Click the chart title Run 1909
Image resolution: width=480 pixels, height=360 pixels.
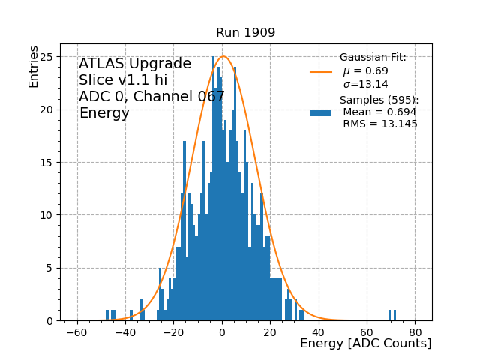point(245,33)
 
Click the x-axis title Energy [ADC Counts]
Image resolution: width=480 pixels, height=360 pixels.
point(365,343)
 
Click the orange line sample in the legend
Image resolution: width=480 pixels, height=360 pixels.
point(320,72)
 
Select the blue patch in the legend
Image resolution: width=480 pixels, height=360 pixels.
point(320,112)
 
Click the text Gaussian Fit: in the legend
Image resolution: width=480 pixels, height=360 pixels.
point(373,58)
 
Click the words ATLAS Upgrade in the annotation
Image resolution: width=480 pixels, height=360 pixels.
point(135,64)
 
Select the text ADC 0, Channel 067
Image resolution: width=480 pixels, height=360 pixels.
point(151,97)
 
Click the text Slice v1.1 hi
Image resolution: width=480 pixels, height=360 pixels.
point(123,80)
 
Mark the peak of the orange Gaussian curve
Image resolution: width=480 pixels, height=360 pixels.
point(223,56)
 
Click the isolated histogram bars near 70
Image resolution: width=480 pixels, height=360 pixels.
point(392,315)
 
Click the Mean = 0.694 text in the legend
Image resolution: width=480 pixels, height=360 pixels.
point(379,112)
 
